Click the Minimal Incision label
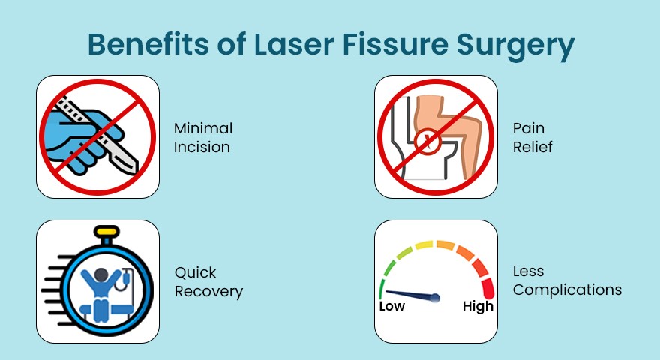coord(203,137)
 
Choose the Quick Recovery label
coord(208,281)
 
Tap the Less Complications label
coord(567,280)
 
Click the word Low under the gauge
coord(391,306)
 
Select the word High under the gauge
coord(478,306)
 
